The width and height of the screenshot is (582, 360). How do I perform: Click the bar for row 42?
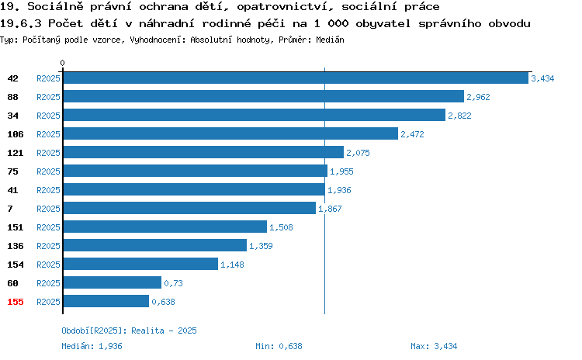296,78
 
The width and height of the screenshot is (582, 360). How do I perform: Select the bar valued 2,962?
264,96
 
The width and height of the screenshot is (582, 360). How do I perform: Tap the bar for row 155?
106,301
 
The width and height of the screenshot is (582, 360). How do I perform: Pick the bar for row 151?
165,227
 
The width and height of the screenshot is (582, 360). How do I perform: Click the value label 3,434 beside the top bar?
542,78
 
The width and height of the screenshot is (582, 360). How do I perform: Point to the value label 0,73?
173,283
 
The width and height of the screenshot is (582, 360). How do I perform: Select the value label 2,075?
358,153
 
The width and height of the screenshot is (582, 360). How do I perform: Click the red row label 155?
16,302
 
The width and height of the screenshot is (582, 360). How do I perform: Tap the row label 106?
16,134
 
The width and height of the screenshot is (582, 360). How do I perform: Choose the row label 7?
10,209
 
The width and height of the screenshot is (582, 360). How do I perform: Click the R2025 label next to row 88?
48,97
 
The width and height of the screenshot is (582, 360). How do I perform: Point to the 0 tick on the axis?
62,63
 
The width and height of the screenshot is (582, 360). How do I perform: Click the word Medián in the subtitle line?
330,40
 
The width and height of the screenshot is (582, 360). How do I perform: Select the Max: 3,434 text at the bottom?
434,346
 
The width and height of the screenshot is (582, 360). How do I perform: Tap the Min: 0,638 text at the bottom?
279,346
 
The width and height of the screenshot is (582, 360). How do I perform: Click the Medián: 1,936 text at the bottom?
92,346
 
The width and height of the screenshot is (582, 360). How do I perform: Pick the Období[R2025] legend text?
92,331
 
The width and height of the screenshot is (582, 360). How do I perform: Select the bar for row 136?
155,245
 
